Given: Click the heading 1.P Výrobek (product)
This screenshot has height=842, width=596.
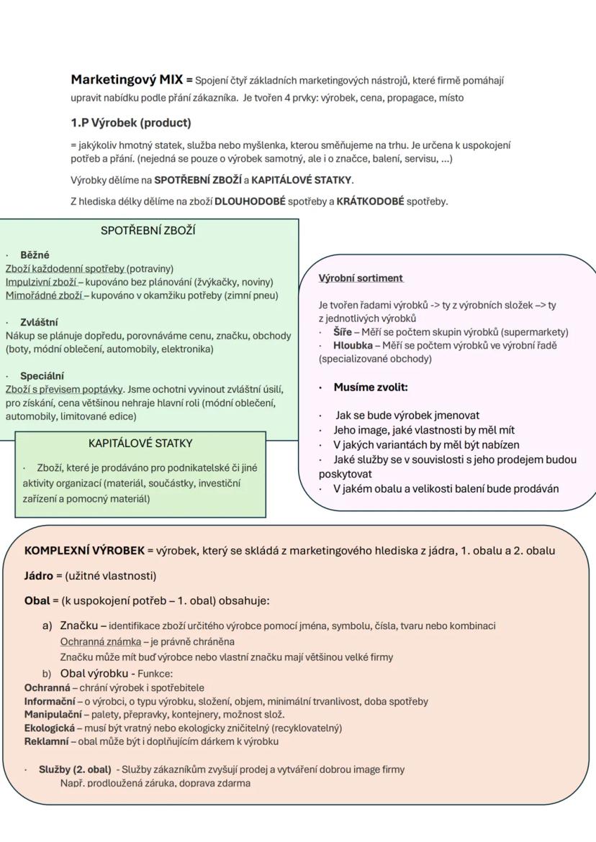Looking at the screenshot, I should pos(130,123).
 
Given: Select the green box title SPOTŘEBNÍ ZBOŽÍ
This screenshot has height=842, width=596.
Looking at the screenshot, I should pos(148,231).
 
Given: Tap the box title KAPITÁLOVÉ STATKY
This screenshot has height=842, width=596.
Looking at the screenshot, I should pos(140,443).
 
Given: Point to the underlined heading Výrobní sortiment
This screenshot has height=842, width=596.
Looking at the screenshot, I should pos(361,278).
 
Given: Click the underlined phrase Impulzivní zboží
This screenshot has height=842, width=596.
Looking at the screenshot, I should pos(41,282).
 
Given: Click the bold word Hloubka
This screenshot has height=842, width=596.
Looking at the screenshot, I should pos(353,346).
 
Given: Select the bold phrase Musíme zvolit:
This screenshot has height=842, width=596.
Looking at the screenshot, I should pos(371,388).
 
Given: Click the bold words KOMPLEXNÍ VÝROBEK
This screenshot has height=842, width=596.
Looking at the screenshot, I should pos(84,552).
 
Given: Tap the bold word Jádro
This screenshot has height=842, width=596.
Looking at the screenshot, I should pos(39,576).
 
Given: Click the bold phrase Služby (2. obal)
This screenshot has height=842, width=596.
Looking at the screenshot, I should pos(75,769).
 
